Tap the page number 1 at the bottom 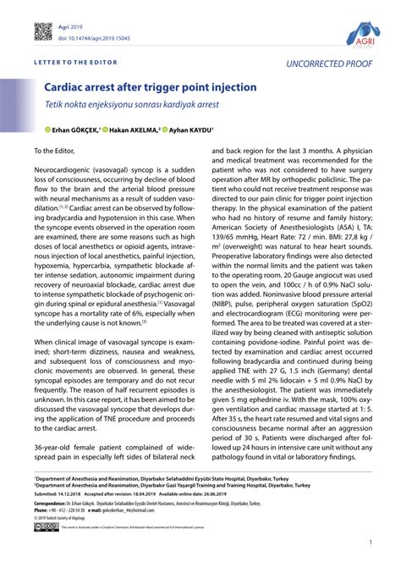(371, 543)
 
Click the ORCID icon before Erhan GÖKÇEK (37, 131)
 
